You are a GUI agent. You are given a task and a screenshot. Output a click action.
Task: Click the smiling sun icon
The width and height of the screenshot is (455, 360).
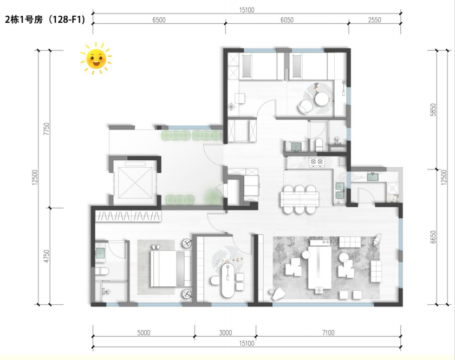pos(96,58)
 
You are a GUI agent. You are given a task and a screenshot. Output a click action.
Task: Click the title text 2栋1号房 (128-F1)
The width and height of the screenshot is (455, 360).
pos(45,19)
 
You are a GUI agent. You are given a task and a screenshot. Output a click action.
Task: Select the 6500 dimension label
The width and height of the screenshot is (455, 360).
pos(159,19)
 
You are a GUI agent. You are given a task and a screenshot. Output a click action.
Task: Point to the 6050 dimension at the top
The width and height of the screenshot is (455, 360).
pos(287,19)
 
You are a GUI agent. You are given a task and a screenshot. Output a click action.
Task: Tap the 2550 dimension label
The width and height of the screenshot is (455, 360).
pos(374,19)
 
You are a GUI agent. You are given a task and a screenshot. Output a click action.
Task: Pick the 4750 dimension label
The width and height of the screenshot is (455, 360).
pos(47,257)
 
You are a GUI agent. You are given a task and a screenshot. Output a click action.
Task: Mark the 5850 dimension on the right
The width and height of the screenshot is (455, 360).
pos(433,110)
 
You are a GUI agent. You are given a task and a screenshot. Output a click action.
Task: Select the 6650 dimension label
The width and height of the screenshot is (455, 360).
pos(433,237)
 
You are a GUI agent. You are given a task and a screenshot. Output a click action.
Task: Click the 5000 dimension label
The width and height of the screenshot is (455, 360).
pos(144,333)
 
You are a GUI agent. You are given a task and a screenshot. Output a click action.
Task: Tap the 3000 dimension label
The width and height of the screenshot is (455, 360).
pos(225,333)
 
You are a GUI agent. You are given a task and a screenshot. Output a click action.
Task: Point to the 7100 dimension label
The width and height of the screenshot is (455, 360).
pos(328,333)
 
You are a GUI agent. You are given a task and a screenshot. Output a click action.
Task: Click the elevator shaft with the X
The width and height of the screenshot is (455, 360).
pos(135,183)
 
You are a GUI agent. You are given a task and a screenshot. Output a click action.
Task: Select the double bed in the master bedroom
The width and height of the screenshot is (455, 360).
pos(170,269)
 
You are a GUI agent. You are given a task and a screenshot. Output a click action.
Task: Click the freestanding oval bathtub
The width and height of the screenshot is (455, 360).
pos(228,280)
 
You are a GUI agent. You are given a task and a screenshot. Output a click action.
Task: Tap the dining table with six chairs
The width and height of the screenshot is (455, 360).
pos(300,200)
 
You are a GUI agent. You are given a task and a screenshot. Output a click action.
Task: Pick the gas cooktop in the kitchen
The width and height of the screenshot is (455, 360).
pos(316,162)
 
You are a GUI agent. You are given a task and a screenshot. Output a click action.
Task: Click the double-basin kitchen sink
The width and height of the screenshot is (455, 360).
pos(340,191)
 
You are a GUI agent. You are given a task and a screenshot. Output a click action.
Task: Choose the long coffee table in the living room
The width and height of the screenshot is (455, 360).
pos(320,267)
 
